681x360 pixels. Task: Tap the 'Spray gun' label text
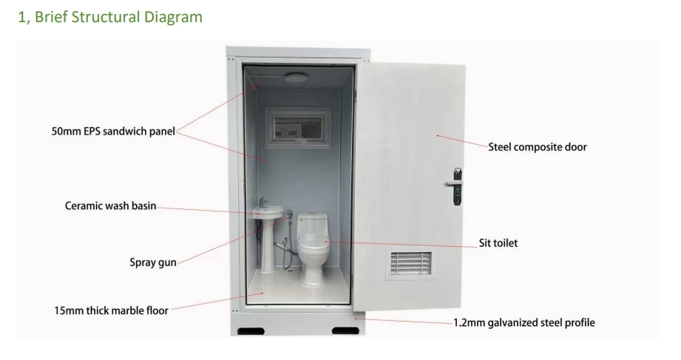pyautogui.click(x=152, y=262)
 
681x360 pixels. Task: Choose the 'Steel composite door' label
pyautogui.click(x=538, y=146)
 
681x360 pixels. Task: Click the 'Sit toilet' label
pyautogui.click(x=501, y=242)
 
